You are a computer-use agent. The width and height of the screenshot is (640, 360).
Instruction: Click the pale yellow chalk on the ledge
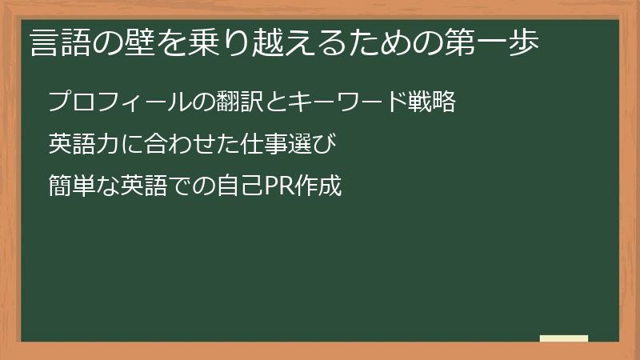[x=563, y=338]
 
